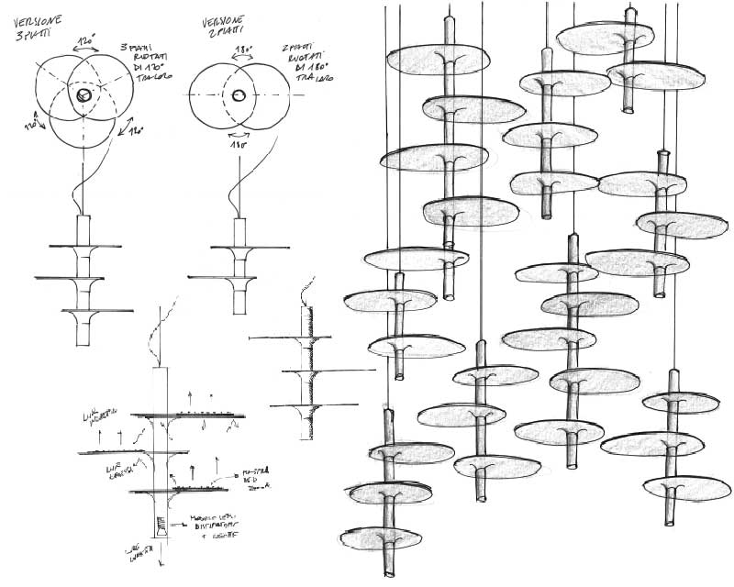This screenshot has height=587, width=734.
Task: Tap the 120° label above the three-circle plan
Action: [89, 42]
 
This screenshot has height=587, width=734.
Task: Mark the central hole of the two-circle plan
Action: [238, 95]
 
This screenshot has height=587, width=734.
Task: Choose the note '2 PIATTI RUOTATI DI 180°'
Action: [305, 62]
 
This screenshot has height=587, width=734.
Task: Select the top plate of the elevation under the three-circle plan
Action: [83, 247]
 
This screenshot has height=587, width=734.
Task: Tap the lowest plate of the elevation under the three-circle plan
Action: [84, 313]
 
